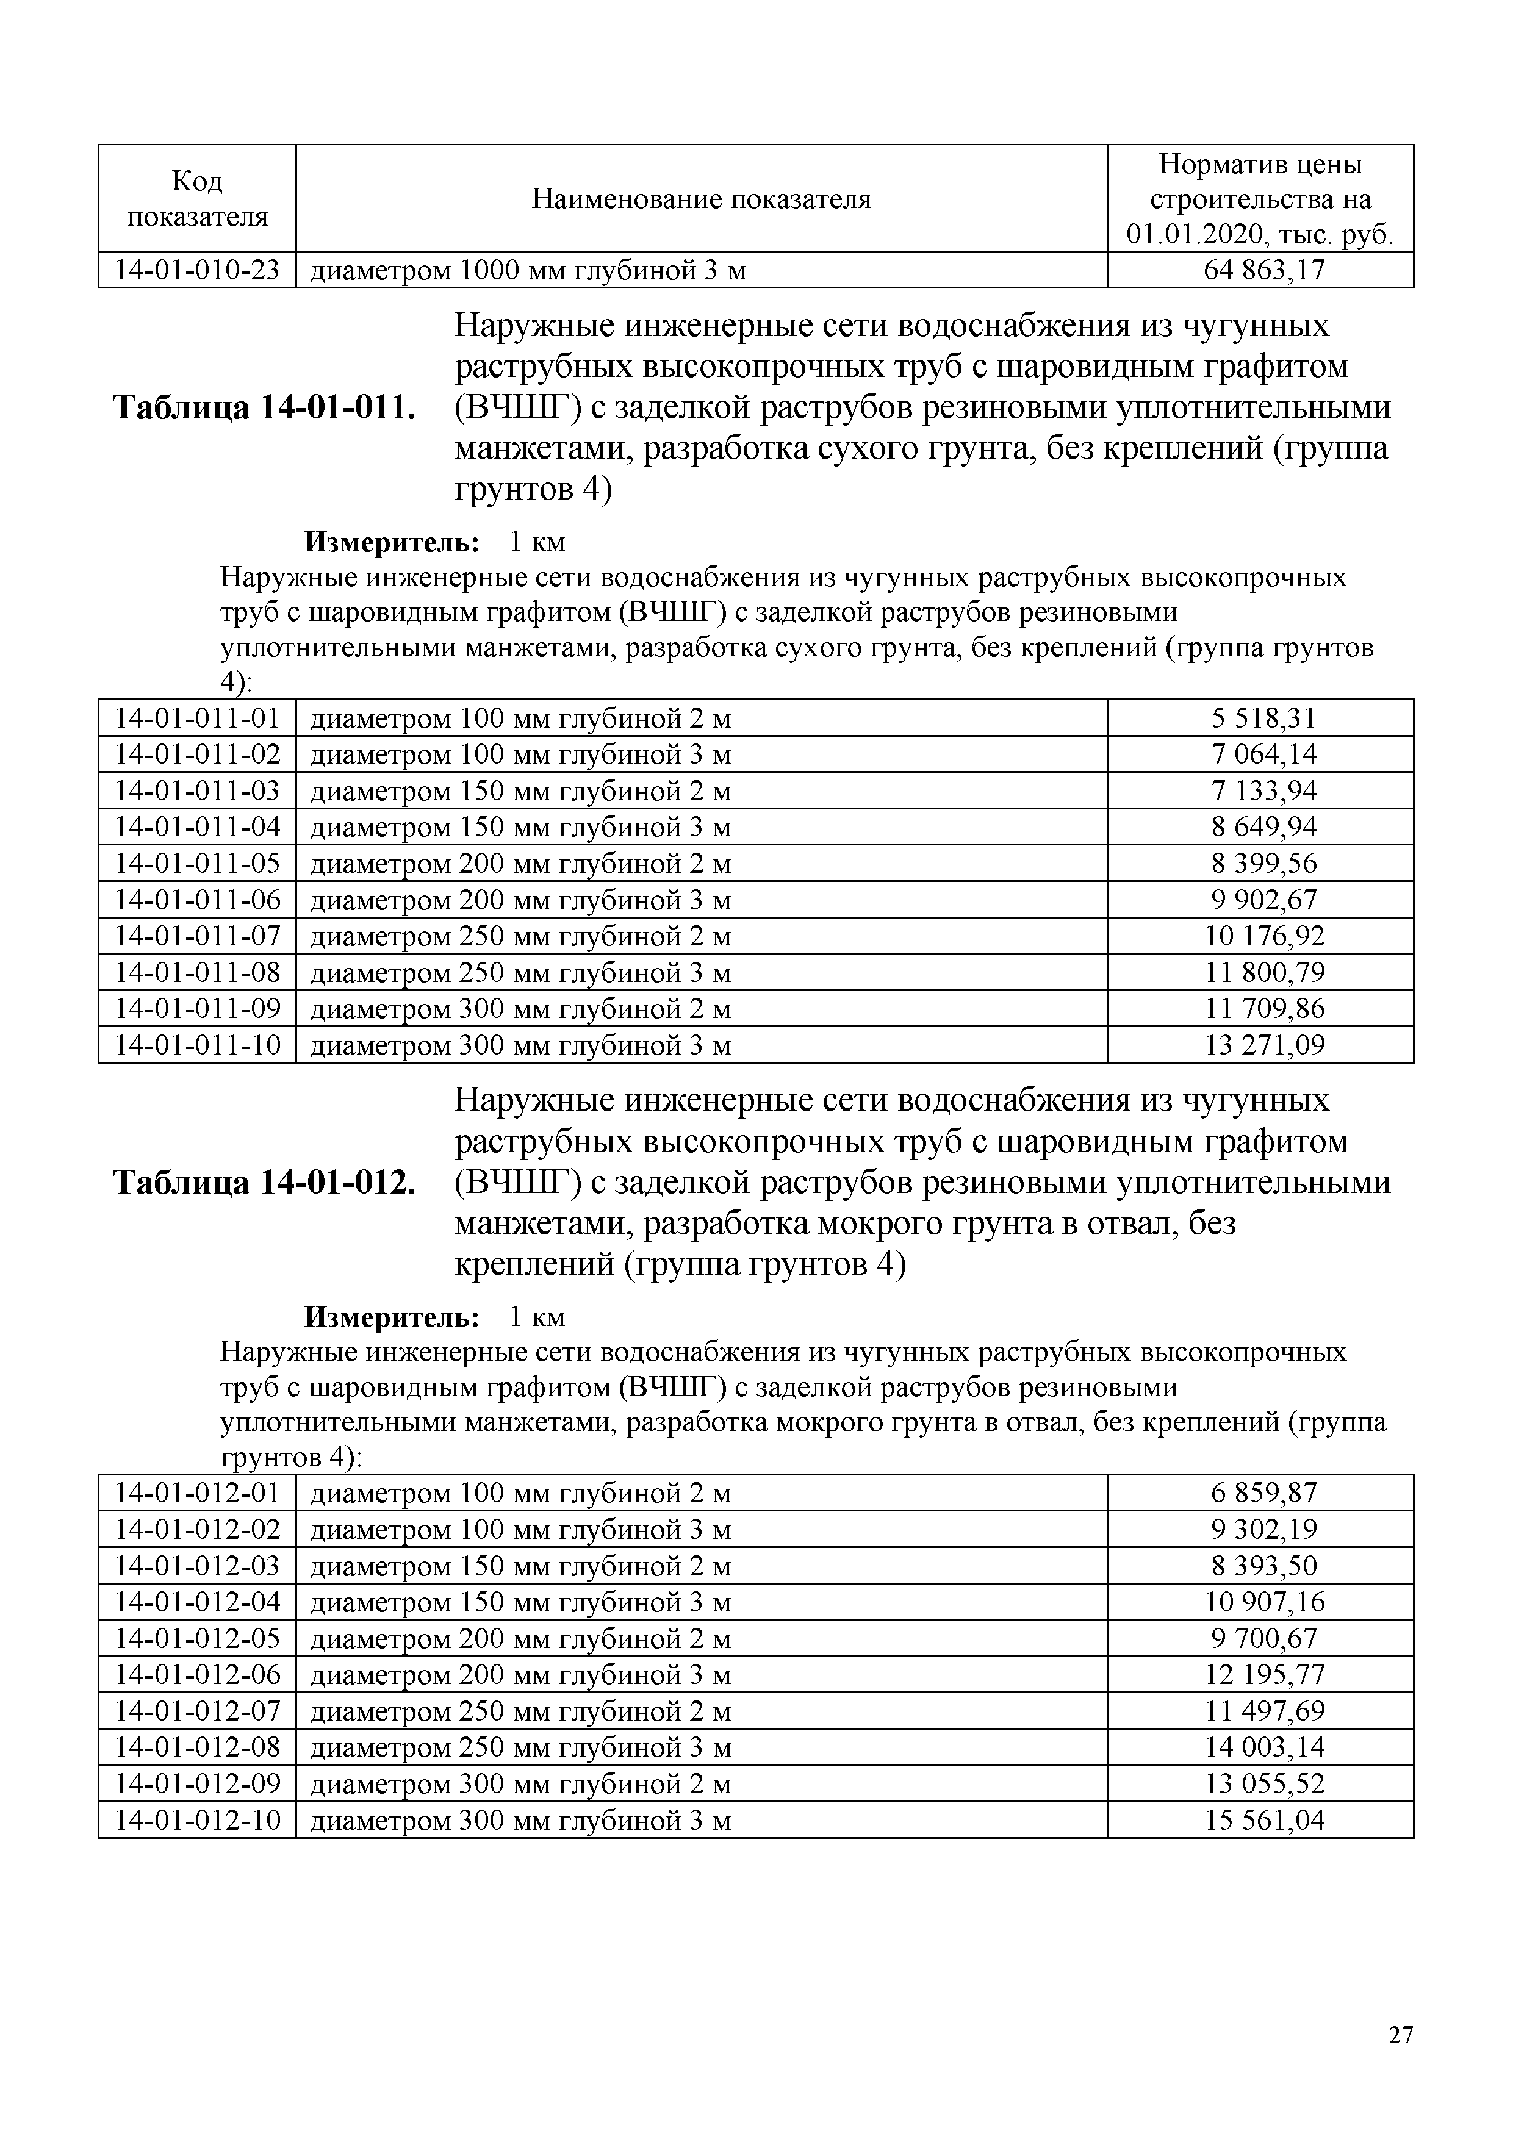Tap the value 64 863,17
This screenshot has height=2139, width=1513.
[x=1264, y=270]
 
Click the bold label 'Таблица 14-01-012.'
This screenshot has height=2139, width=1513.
[x=264, y=1182]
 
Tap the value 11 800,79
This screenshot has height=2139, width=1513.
[x=1264, y=973]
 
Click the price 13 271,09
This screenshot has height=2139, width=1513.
[x=1264, y=1045]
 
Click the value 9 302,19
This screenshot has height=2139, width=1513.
[x=1264, y=1530]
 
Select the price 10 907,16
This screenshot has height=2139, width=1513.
[x=1264, y=1602]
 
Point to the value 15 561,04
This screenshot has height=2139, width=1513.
[x=1264, y=1821]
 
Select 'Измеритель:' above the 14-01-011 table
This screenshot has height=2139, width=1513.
[x=392, y=541]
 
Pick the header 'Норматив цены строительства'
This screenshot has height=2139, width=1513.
[x=1260, y=198]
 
